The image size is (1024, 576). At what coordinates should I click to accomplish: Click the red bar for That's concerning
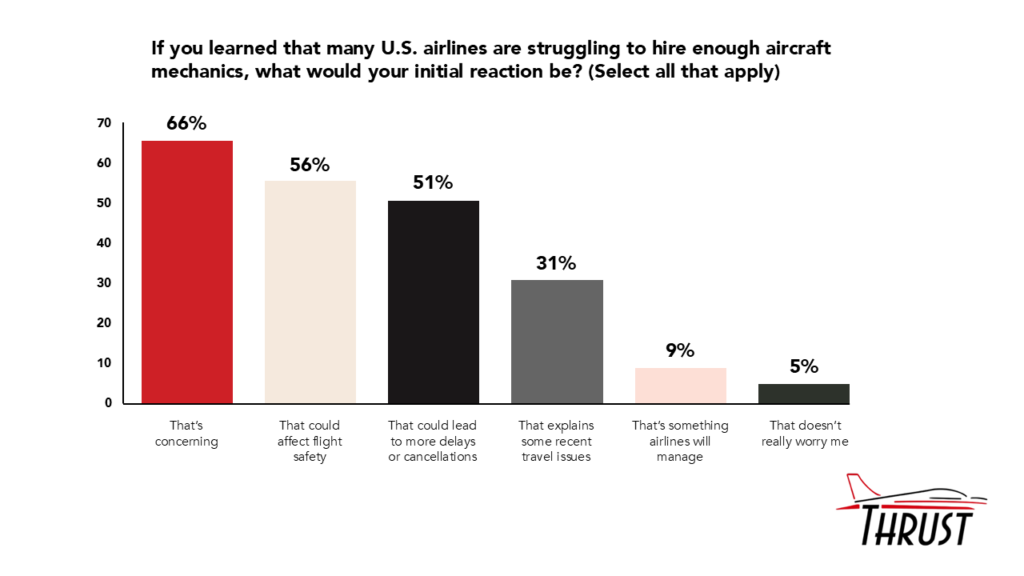(x=187, y=272)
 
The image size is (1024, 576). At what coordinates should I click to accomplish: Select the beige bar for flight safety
(x=310, y=292)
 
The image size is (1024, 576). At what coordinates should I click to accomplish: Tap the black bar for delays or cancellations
(x=433, y=302)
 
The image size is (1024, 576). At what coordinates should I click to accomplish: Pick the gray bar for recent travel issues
(x=557, y=342)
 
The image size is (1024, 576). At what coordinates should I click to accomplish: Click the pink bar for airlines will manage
(x=680, y=386)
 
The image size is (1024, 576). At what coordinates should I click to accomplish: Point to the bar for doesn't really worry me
(x=803, y=394)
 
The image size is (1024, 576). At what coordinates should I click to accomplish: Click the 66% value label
(x=187, y=124)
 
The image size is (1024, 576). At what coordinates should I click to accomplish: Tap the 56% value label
(x=310, y=165)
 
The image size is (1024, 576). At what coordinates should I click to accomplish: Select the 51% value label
(x=433, y=183)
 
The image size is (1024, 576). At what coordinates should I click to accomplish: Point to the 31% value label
(x=557, y=264)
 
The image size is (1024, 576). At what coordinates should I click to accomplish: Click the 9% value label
(x=680, y=351)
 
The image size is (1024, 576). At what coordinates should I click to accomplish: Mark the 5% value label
(x=803, y=367)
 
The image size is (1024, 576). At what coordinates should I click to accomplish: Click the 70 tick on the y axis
(x=104, y=123)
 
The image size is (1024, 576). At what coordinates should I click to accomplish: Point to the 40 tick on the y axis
(x=104, y=243)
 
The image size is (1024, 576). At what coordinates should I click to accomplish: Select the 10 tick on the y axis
(x=104, y=363)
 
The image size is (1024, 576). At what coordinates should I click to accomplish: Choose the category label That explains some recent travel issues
(x=557, y=441)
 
